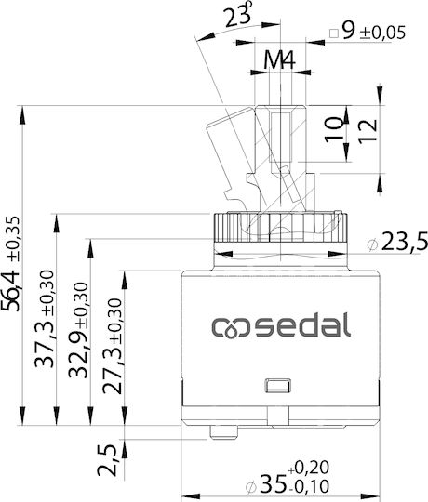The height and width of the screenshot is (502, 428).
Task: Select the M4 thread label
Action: [x=280, y=59]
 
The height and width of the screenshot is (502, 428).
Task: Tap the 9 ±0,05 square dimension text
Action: [x=373, y=32]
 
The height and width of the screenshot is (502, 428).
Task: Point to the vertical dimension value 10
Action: [x=334, y=129]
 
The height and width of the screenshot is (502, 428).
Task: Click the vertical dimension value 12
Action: [x=368, y=131]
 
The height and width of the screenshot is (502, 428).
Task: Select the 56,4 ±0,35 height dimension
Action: [x=11, y=263]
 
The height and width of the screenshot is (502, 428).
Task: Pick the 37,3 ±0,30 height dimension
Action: [x=45, y=319]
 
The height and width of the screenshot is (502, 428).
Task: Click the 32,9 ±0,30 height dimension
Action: [x=78, y=330]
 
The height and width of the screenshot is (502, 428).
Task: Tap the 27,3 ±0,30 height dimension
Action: [x=113, y=346]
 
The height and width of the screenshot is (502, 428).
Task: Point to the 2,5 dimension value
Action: [x=107, y=459]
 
